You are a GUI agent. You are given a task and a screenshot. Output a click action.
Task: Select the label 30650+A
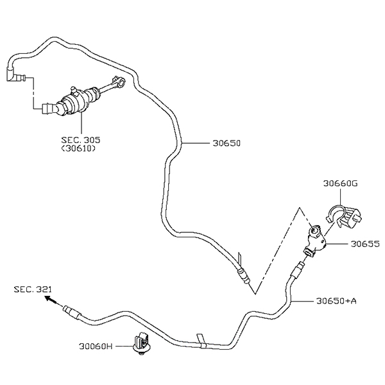[336, 300]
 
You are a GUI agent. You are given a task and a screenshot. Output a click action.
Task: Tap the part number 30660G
[340, 184]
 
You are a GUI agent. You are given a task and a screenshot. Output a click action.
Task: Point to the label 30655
[364, 244]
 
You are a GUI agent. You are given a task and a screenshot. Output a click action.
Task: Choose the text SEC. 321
[32, 290]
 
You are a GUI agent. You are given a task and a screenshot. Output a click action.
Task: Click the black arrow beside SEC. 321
[51, 301]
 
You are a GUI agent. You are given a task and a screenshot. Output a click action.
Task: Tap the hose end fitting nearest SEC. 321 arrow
[70, 312]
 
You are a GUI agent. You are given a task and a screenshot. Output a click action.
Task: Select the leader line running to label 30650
[196, 144]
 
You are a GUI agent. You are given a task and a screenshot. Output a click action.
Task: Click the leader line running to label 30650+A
[302, 300]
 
